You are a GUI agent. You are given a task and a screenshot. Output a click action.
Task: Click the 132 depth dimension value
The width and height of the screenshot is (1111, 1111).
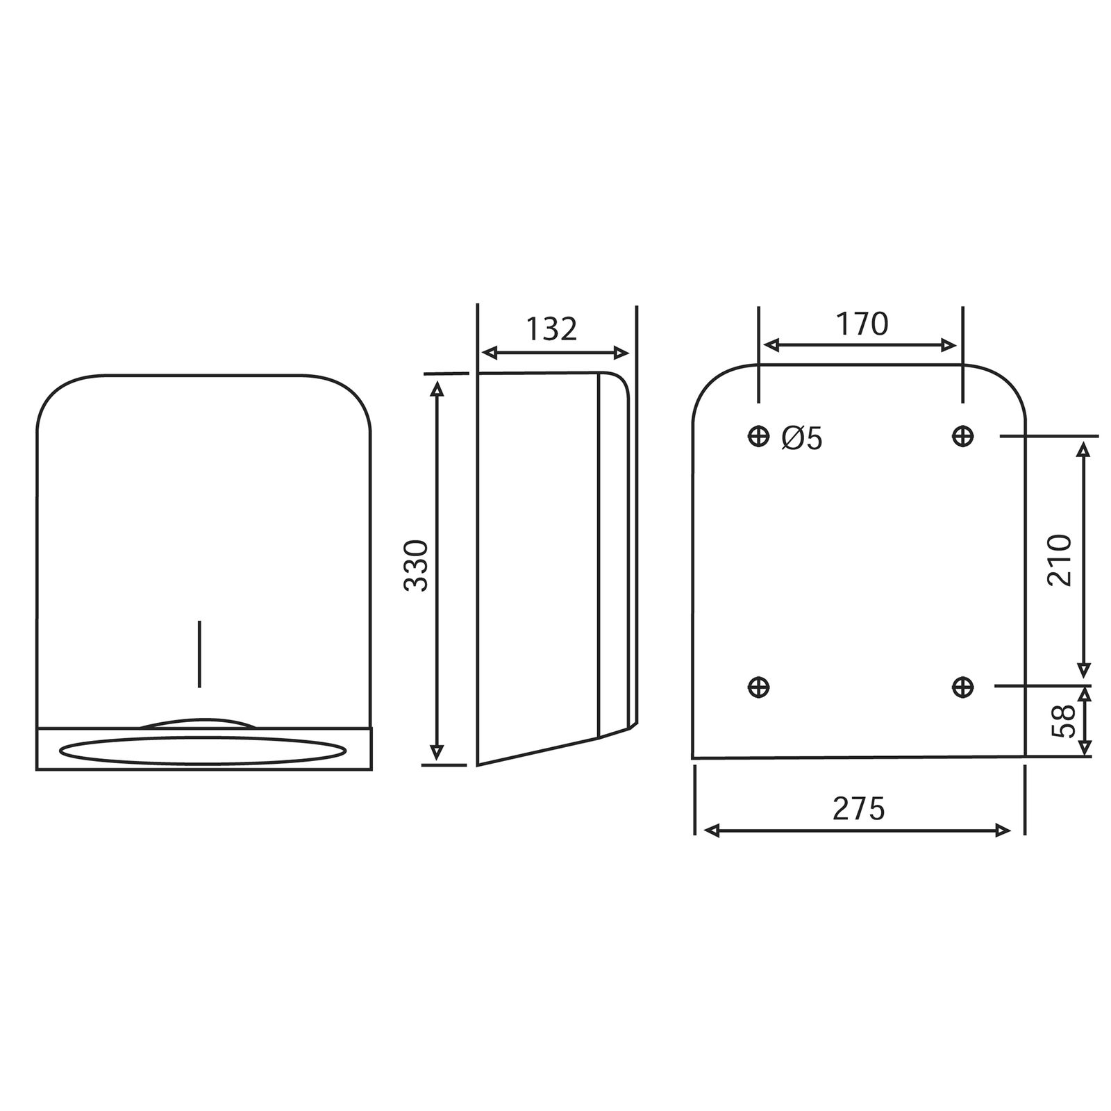[x=551, y=329]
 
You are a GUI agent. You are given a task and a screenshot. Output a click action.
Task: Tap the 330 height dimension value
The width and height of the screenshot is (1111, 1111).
[x=417, y=565]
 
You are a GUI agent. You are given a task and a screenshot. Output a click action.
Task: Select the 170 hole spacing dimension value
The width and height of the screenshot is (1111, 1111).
[x=861, y=324]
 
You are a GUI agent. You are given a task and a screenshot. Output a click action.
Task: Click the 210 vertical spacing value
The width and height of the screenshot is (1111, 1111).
[x=1060, y=560]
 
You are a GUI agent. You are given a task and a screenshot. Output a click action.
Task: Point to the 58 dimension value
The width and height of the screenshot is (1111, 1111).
[x=1063, y=721]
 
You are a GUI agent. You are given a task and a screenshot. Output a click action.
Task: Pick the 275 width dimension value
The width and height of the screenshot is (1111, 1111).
[x=859, y=809]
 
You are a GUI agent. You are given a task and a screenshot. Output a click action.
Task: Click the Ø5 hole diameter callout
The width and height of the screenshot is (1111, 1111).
[x=801, y=438]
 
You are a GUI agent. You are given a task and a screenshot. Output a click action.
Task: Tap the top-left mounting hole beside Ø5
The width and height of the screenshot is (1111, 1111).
[x=759, y=436]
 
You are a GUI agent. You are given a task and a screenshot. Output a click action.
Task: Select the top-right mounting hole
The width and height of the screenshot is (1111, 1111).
[x=962, y=436]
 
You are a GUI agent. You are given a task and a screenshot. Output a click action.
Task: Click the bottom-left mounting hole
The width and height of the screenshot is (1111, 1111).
[x=759, y=687]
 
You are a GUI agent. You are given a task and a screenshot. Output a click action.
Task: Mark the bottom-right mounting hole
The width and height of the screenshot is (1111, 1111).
[x=962, y=687]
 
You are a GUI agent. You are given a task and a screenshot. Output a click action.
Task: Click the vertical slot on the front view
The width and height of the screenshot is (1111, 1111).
[x=200, y=653]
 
